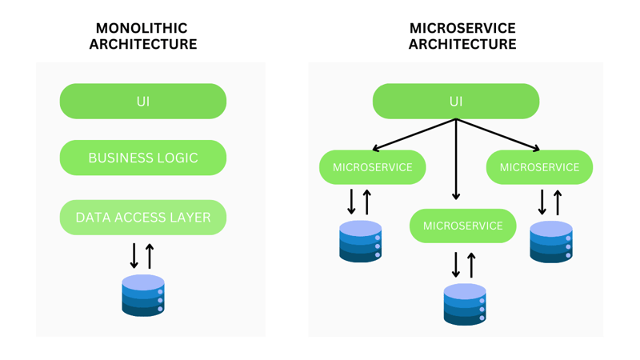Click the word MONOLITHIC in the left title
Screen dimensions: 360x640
click(x=142, y=29)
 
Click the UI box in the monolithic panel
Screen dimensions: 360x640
click(x=143, y=102)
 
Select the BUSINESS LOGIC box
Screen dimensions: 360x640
click(x=143, y=158)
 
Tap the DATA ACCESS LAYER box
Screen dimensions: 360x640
click(x=143, y=217)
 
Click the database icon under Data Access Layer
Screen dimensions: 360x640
click(x=143, y=295)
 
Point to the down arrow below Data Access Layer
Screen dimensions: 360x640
click(x=134, y=255)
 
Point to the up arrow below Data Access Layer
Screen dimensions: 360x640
click(x=150, y=255)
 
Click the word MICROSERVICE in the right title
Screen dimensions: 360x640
click(x=462, y=29)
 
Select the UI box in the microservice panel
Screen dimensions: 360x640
click(x=456, y=102)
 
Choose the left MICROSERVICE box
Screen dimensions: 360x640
click(x=373, y=167)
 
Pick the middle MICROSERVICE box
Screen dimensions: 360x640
click(x=463, y=226)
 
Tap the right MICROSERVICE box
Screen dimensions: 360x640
click(x=539, y=167)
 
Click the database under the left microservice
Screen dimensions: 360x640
click(x=361, y=242)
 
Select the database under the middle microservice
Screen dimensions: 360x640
click(x=465, y=304)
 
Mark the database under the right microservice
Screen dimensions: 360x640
click(x=551, y=242)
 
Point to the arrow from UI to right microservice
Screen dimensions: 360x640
click(x=498, y=134)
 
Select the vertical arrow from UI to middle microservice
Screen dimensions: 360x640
click(x=456, y=160)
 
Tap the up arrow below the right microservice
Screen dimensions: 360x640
click(x=558, y=202)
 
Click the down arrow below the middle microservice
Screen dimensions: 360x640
click(x=456, y=264)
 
